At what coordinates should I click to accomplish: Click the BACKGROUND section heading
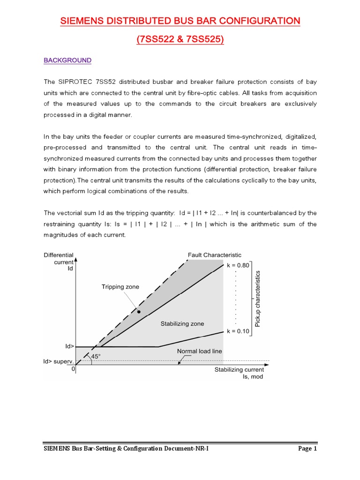pyautogui.click(x=67, y=60)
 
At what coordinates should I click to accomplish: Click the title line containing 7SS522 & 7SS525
pyautogui.click(x=180, y=40)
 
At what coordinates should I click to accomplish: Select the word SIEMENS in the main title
pyautogui.click(x=82, y=21)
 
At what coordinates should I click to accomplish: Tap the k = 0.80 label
pyautogui.click(x=238, y=265)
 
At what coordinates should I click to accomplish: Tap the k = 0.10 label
pyautogui.click(x=238, y=331)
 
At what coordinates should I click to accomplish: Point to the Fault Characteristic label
pyautogui.click(x=215, y=255)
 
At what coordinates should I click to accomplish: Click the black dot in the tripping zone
pyautogui.click(x=139, y=311)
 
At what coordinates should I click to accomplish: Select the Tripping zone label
pyautogui.click(x=120, y=287)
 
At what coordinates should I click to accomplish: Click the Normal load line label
pyautogui.click(x=199, y=351)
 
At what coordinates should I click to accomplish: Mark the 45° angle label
pyautogui.click(x=96, y=356)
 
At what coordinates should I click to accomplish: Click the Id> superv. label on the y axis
pyautogui.click(x=58, y=361)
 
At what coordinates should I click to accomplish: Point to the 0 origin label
pyautogui.click(x=73, y=369)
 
